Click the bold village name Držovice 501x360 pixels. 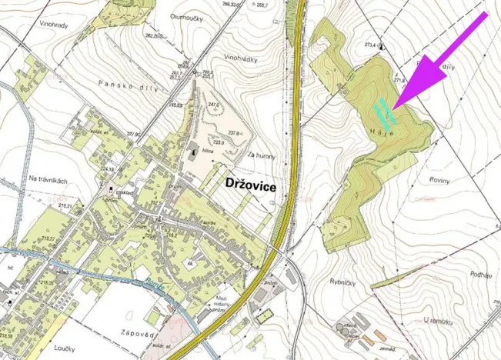(250, 185)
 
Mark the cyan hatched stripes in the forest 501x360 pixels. (384, 114)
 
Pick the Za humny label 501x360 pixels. (262, 155)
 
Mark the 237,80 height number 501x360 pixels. (134, 135)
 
